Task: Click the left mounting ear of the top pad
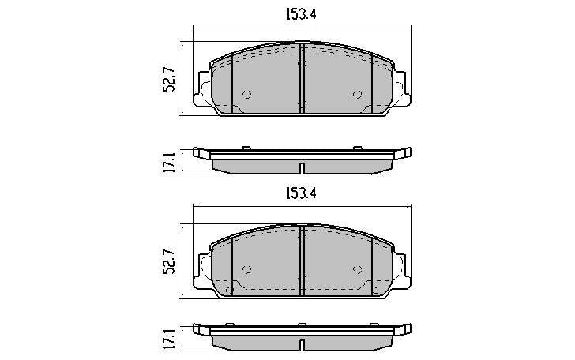click(202, 86)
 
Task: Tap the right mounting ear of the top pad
click(402, 86)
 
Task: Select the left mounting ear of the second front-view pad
click(202, 267)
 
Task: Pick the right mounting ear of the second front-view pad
click(402, 267)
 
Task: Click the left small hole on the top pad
click(246, 94)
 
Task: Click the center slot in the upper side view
click(302, 167)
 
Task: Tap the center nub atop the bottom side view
click(302, 324)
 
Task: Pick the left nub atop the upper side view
click(246, 147)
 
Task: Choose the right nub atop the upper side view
click(358, 147)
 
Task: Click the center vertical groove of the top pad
click(303, 79)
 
